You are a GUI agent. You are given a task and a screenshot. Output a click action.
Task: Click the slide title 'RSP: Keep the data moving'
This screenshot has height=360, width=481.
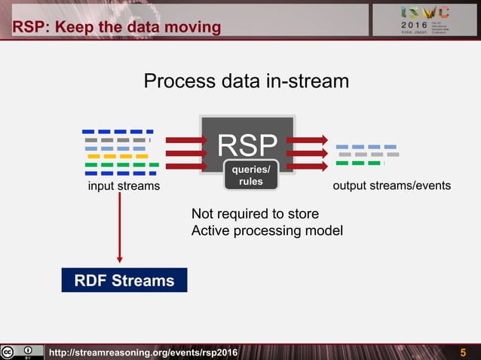[x=116, y=28]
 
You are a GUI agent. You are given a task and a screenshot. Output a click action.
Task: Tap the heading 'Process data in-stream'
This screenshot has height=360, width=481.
[x=246, y=81]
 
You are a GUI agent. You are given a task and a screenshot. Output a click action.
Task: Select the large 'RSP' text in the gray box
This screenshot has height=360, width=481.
[x=247, y=144]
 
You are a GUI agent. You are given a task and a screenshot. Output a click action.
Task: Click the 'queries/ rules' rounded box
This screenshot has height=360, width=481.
[x=250, y=175]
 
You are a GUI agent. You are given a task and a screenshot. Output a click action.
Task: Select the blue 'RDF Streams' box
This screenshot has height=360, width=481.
[x=124, y=281]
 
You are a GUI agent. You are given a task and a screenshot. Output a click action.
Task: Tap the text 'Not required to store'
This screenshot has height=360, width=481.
[x=255, y=214]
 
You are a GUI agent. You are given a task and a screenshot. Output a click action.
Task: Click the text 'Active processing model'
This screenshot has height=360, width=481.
[x=267, y=230]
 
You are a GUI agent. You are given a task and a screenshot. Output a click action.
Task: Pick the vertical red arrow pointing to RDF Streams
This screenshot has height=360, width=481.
[x=120, y=226]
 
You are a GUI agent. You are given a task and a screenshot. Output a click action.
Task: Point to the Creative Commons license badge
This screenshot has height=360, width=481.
[x=21, y=352]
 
